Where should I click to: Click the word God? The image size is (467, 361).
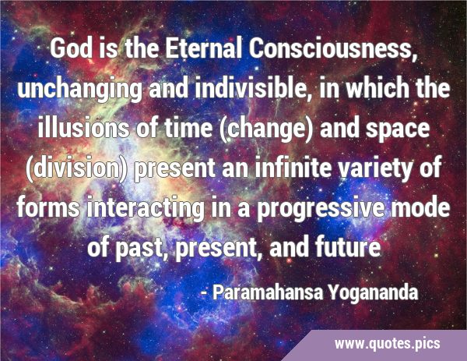71,48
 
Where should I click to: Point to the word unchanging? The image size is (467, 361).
80,90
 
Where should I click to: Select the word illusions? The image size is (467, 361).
83,128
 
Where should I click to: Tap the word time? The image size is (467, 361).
188,128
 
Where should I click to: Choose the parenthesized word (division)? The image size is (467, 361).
77,169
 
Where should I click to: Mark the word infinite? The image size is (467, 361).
293,168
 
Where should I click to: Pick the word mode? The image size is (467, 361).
420,207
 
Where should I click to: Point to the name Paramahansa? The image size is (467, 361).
268,292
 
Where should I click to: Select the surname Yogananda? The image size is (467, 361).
374,293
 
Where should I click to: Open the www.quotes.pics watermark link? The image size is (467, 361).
387,344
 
